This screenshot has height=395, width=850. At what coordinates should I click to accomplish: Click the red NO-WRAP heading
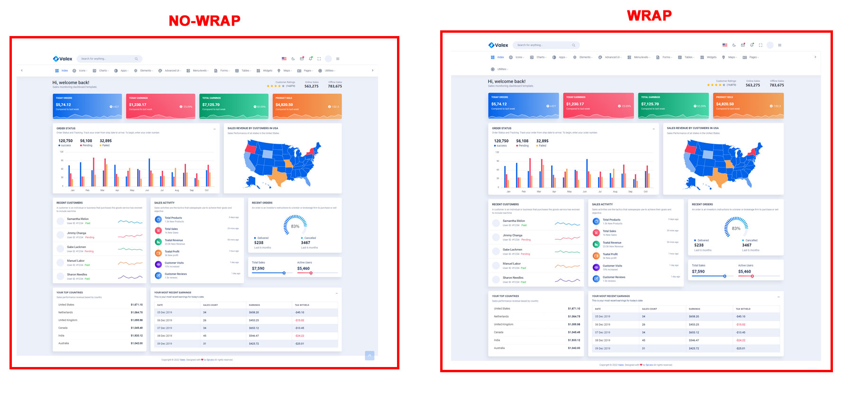tap(204, 20)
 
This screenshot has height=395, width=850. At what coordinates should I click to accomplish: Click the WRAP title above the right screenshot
tap(649, 16)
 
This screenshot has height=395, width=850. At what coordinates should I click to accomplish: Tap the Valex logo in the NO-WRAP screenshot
tap(63, 59)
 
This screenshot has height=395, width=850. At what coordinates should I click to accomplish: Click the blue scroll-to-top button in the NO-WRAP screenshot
tap(370, 356)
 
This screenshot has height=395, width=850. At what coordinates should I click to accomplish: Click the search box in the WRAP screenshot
tap(545, 45)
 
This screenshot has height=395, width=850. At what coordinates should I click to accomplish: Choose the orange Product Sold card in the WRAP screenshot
tap(748, 105)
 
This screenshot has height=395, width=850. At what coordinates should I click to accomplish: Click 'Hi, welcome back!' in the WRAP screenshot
tap(507, 82)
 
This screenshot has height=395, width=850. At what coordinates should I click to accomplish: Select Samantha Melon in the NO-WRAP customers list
tap(78, 219)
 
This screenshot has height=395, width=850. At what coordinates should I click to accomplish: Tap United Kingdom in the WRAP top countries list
tap(503, 324)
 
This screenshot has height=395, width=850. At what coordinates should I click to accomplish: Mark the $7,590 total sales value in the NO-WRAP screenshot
tap(258, 268)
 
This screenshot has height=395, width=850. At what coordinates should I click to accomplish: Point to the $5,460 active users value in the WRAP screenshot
tap(744, 272)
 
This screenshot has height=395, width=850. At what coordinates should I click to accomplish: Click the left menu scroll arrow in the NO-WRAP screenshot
tap(22, 70)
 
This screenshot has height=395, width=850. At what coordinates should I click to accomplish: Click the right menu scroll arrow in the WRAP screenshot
tap(815, 57)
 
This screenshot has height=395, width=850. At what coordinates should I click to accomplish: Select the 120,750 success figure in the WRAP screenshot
tap(501, 141)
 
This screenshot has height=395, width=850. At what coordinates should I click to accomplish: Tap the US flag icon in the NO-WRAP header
tap(284, 59)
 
